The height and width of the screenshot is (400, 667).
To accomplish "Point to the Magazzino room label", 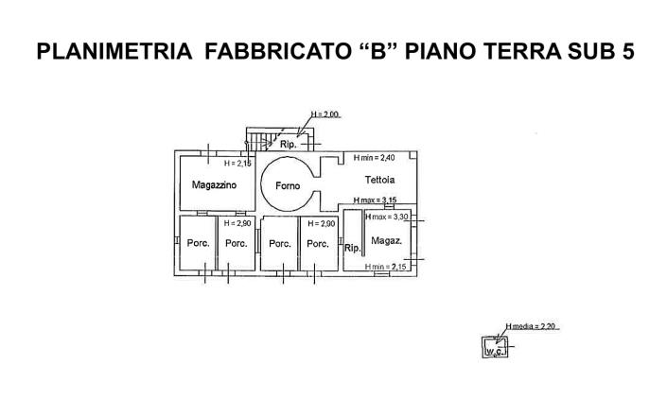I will tap(214, 184).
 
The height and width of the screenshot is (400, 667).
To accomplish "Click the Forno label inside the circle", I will tap(288, 185).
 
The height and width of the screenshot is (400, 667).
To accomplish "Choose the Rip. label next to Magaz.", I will tap(351, 249).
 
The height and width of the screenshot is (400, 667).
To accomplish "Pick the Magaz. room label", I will tap(385, 241).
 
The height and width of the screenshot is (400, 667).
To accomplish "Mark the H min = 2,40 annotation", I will tap(374, 157).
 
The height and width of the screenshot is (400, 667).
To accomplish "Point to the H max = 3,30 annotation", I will tap(386, 217).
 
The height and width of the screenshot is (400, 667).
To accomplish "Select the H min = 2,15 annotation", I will tap(386, 268).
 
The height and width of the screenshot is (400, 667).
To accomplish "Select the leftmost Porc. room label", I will tap(198, 243).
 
